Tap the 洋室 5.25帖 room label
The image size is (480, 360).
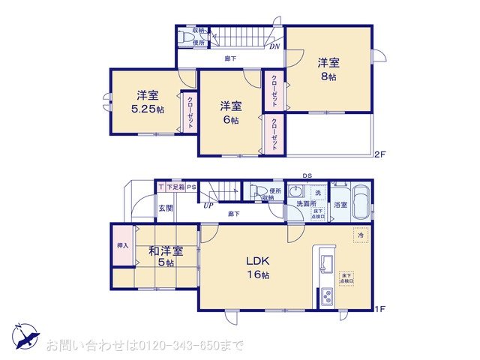point(147,102)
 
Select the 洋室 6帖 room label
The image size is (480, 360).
point(229,112)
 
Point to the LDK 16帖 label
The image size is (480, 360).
point(254,268)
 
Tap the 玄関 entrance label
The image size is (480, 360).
point(165,209)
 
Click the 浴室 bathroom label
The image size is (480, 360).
point(340,204)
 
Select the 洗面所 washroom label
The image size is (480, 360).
point(304,203)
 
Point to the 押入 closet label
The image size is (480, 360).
point(123,245)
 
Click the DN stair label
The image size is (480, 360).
point(275,45)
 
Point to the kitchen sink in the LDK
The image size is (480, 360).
point(326,264)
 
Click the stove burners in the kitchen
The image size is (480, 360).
point(327,298)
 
